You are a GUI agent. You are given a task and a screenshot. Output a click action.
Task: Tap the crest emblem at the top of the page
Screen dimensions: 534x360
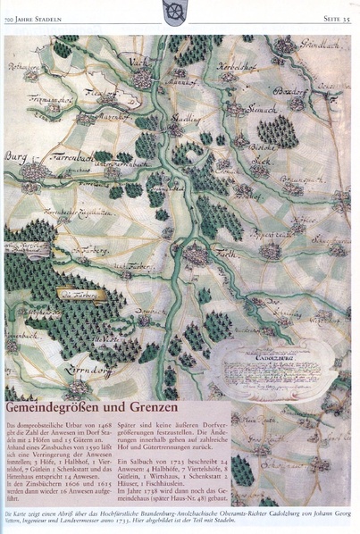tap(174, 11)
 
